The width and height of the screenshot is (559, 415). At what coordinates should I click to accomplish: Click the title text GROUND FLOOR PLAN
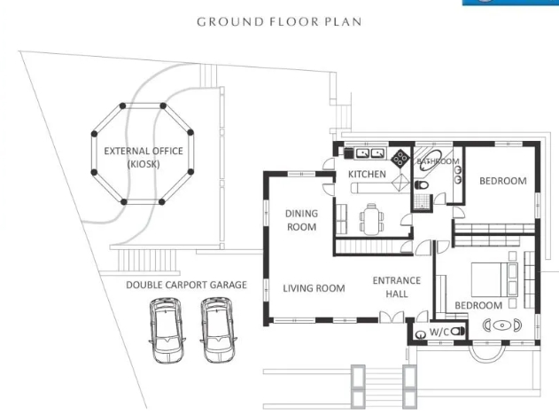[x=279, y=21]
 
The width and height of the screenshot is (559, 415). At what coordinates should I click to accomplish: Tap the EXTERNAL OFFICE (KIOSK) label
[x=144, y=157]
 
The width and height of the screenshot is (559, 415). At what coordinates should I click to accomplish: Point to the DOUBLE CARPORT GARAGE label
[x=186, y=285]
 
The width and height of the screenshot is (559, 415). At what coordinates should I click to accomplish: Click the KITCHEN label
[x=367, y=174]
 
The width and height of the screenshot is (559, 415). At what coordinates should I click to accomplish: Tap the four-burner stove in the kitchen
[x=400, y=160]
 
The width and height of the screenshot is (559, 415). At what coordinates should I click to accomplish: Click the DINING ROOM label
[x=301, y=220]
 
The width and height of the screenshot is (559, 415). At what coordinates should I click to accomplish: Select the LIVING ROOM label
[x=314, y=287]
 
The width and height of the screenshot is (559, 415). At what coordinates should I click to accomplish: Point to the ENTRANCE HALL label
[x=396, y=287]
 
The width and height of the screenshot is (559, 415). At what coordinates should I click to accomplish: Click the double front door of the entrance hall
[x=386, y=317]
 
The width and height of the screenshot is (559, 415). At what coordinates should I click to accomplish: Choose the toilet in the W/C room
[x=458, y=333]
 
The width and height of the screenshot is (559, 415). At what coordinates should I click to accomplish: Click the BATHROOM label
[x=439, y=161]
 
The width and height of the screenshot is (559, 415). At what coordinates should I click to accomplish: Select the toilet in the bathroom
[x=421, y=184]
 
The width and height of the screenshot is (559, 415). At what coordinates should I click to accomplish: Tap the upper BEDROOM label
[x=502, y=181]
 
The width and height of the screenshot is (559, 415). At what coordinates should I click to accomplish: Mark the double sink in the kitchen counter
[x=368, y=153]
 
